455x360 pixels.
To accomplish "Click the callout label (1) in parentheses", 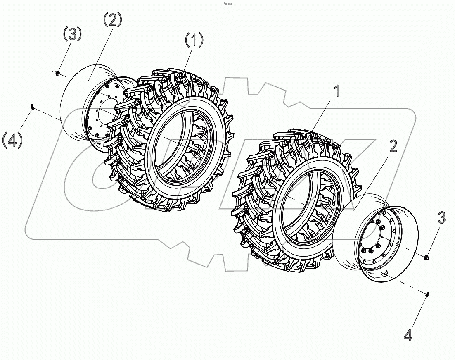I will pyautogui.click(x=194, y=41).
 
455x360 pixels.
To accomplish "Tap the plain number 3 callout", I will pyautogui.click(x=441, y=217).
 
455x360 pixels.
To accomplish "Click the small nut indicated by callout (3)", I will pyautogui.click(x=57, y=73).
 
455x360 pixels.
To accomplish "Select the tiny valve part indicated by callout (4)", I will pyautogui.click(x=32, y=107).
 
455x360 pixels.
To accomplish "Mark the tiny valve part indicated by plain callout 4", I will pyautogui.click(x=427, y=294).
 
